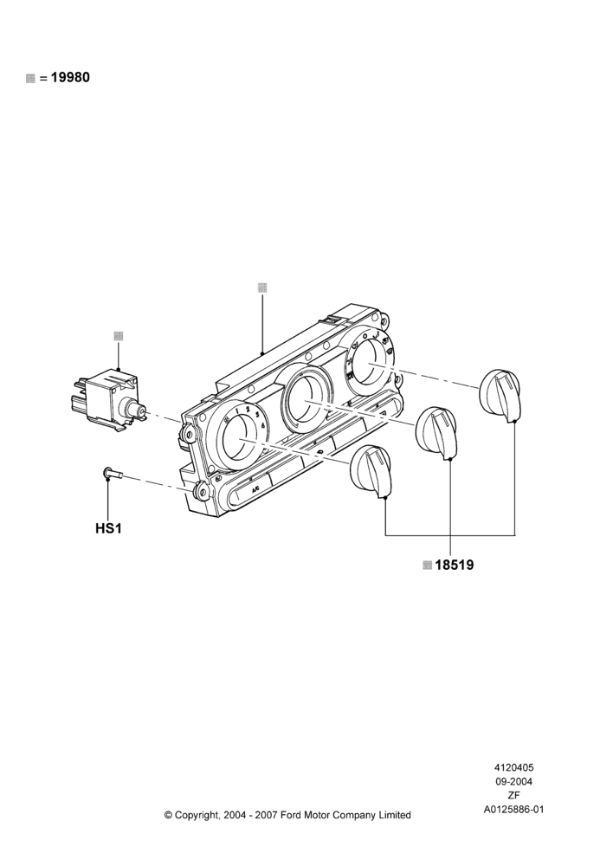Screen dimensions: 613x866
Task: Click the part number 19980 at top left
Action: [70, 77]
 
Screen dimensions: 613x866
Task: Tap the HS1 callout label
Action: [108, 528]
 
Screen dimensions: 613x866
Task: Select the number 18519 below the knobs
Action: [454, 565]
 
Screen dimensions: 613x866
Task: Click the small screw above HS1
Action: [112, 474]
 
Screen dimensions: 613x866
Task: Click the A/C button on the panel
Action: [255, 490]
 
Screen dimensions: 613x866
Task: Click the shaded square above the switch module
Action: [118, 336]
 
